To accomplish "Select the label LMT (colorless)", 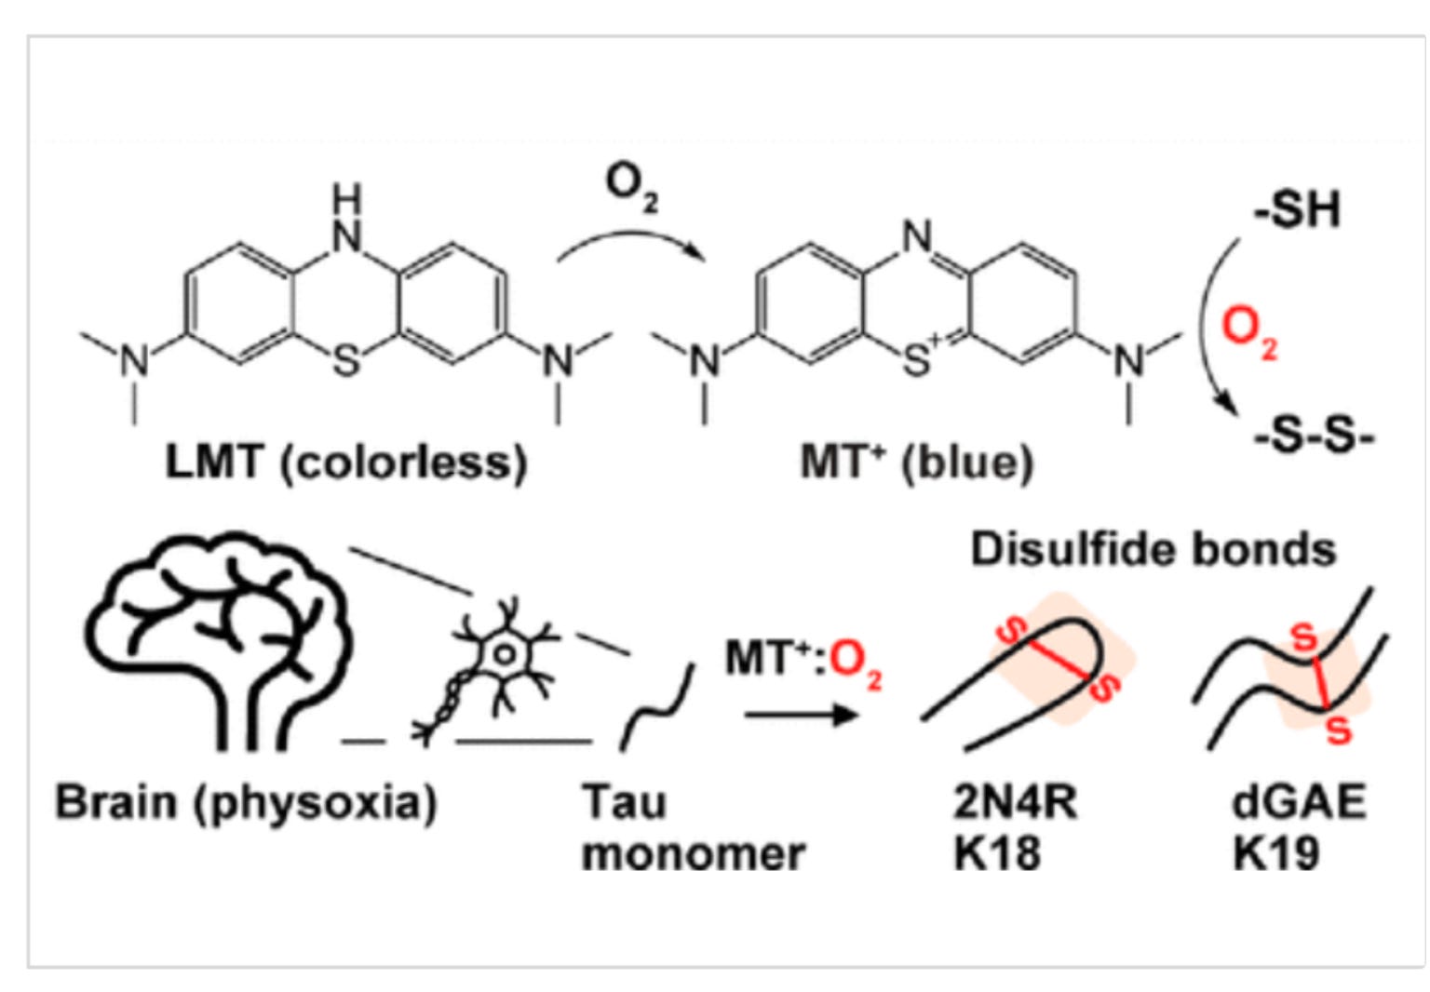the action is point(346,462).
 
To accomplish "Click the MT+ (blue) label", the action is point(917,462).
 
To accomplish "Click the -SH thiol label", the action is point(1297,209).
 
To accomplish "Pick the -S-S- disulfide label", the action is point(1315,438).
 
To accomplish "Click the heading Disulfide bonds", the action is point(1153,549).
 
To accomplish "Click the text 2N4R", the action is point(1016,801).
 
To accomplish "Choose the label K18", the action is point(997,853).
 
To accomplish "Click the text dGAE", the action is point(1299,801).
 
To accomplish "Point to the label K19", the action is point(1275,853).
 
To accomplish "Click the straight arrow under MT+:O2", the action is point(802,715).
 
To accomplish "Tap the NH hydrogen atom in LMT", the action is point(346,198).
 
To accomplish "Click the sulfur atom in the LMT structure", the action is point(346,361).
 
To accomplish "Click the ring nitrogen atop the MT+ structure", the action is point(917,236).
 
